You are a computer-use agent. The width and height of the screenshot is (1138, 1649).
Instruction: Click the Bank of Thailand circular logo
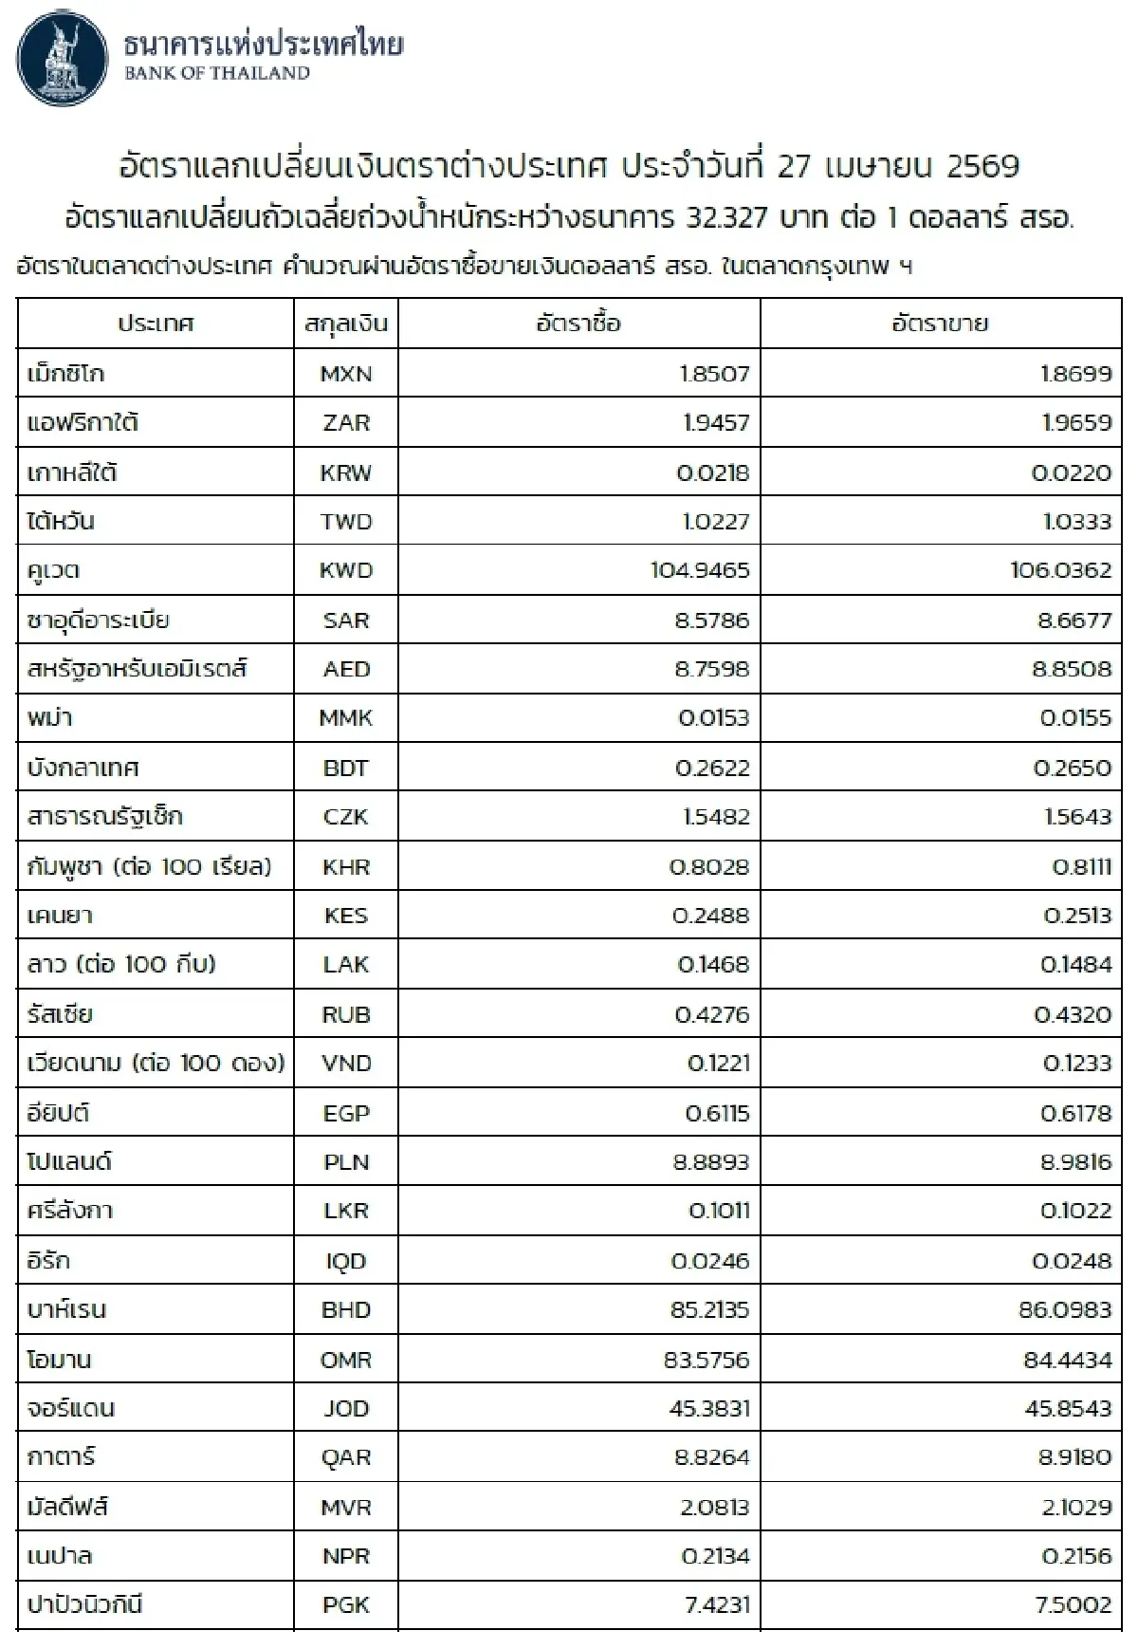(x=64, y=59)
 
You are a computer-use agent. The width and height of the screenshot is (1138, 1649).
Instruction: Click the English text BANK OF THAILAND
(x=217, y=74)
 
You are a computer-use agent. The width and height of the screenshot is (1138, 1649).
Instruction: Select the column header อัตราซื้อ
(x=578, y=324)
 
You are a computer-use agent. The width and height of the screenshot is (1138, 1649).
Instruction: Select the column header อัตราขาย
(x=939, y=324)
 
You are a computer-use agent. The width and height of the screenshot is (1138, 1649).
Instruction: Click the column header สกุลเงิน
(x=346, y=324)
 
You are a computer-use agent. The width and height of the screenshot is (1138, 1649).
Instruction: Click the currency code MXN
(x=346, y=374)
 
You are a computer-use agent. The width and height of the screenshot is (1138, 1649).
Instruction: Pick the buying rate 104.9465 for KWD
(x=700, y=570)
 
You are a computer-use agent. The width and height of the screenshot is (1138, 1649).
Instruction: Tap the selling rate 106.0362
(x=1061, y=570)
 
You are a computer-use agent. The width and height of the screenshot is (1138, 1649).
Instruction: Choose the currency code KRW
(x=346, y=472)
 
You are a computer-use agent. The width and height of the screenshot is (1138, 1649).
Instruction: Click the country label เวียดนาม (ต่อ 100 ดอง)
(x=156, y=1063)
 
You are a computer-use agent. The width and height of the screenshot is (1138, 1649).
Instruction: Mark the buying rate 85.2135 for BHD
(x=709, y=1309)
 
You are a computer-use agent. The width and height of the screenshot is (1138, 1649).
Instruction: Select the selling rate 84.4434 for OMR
(x=1067, y=1360)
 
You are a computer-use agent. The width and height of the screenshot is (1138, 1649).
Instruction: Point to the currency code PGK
(x=346, y=1605)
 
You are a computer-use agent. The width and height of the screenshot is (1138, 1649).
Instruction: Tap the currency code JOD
(x=346, y=1408)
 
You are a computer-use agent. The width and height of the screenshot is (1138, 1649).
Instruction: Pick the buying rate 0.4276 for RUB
(x=712, y=1014)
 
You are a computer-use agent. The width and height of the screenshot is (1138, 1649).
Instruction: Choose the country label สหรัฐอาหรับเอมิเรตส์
(x=138, y=669)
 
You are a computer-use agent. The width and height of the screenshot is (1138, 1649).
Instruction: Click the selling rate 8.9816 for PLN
(x=1075, y=1162)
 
